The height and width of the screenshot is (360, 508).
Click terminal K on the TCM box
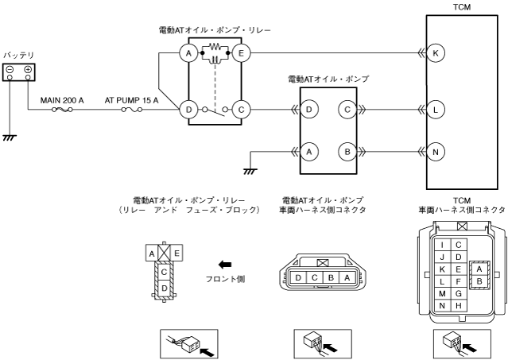pyautogui.click(x=436, y=52)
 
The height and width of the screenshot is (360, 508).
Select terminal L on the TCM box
pyautogui.click(x=436, y=110)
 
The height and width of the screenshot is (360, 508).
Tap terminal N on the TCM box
pyautogui.click(x=436, y=152)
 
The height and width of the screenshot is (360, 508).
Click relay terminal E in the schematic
pyautogui.click(x=241, y=52)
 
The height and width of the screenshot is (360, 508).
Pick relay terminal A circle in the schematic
pyautogui.click(x=188, y=52)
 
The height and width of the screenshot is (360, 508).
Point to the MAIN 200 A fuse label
pyautogui.click(x=62, y=100)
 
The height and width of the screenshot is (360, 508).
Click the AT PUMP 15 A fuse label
pyautogui.click(x=131, y=100)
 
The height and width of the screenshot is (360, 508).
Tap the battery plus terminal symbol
pyautogui.click(x=28, y=69)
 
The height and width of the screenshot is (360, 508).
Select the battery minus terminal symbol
pyautogui.click(x=10, y=69)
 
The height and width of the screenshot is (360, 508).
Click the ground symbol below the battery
pyautogui.click(x=10, y=138)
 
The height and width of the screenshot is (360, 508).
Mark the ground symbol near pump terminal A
pyautogui.click(x=250, y=172)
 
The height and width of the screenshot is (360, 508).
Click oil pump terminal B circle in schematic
pyautogui.click(x=347, y=152)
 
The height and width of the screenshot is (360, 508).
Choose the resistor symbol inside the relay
pyautogui.click(x=215, y=47)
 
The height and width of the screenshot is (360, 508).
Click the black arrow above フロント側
pyautogui.click(x=225, y=265)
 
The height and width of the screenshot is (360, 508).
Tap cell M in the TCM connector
pyautogui.click(x=442, y=293)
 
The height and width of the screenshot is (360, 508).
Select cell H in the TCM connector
pyautogui.click(x=459, y=306)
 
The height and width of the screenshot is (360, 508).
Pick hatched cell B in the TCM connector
pyautogui.click(x=479, y=281)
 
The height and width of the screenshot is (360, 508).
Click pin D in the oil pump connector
pyautogui.click(x=298, y=278)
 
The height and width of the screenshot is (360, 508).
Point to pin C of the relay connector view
pyautogui.click(x=165, y=272)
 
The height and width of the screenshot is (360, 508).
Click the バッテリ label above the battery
pyautogui.click(x=19, y=56)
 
